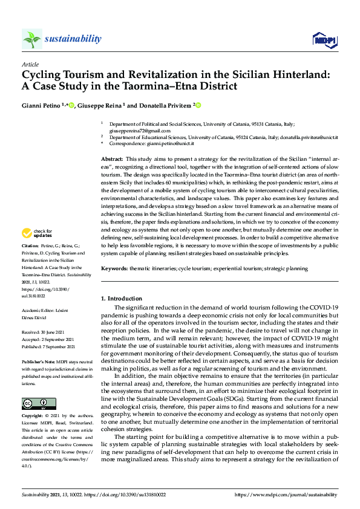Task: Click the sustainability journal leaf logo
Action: coord(32,39)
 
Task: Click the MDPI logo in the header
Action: coord(324,40)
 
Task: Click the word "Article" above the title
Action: coord(30,65)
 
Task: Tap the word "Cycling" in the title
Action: coord(41,76)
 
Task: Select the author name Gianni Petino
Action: coord(41,106)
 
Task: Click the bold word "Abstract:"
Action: coord(111,158)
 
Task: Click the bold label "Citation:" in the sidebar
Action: coord(31,264)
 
